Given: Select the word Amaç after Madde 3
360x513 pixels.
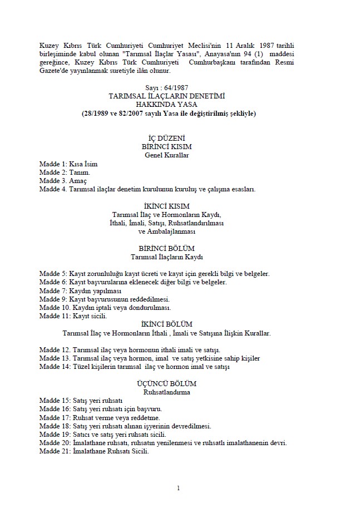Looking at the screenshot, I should tap(78, 181).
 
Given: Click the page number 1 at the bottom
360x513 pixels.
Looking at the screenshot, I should tap(178, 488).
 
